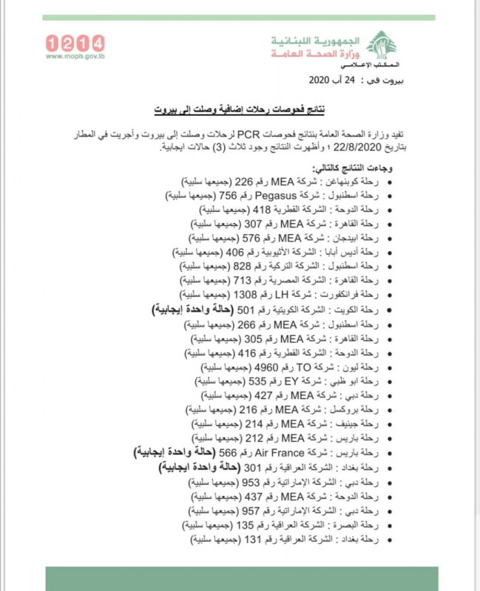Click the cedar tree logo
381,46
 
